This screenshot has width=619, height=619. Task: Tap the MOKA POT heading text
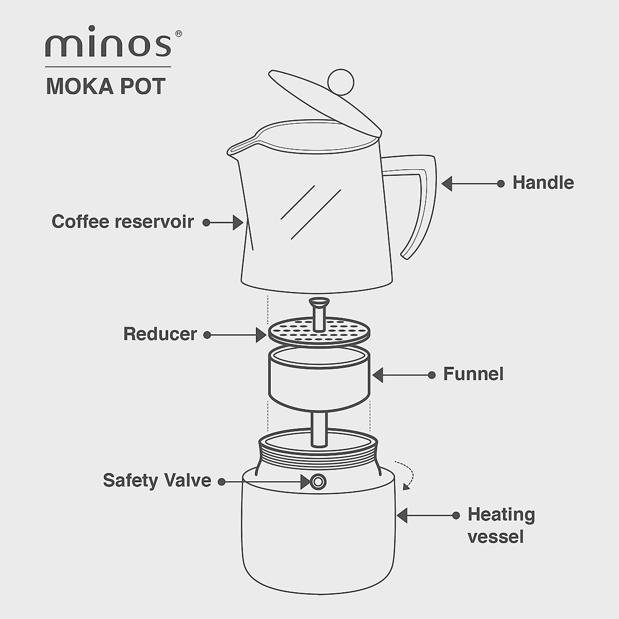(106, 87)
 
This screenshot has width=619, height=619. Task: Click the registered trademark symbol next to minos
(178, 34)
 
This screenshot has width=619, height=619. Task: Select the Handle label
(543, 183)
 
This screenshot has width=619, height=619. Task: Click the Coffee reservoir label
(123, 222)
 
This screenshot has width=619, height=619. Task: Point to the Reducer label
(160, 334)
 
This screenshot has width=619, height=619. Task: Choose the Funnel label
(473, 374)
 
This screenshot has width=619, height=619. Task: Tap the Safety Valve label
(157, 480)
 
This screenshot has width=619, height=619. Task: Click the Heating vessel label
(501, 526)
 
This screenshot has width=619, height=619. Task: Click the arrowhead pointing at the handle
(447, 183)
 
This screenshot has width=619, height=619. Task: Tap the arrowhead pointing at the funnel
(378, 375)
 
